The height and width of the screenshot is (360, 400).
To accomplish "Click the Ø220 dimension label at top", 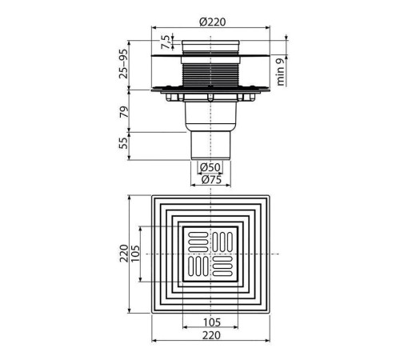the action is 212,22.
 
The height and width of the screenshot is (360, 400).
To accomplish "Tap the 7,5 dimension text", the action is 166,42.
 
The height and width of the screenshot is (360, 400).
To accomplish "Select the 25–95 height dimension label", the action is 123,64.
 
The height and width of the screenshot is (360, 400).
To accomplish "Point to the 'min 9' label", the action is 280,72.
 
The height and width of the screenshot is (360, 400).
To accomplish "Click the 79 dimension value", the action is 124,112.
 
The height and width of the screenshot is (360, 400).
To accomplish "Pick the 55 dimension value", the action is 123,143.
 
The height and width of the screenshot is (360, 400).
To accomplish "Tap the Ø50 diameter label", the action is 210,167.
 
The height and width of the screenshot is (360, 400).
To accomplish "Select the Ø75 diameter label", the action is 211,179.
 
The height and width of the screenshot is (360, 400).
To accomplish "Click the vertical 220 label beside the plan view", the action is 124,254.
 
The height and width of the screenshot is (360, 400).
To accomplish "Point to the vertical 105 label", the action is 135,254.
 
